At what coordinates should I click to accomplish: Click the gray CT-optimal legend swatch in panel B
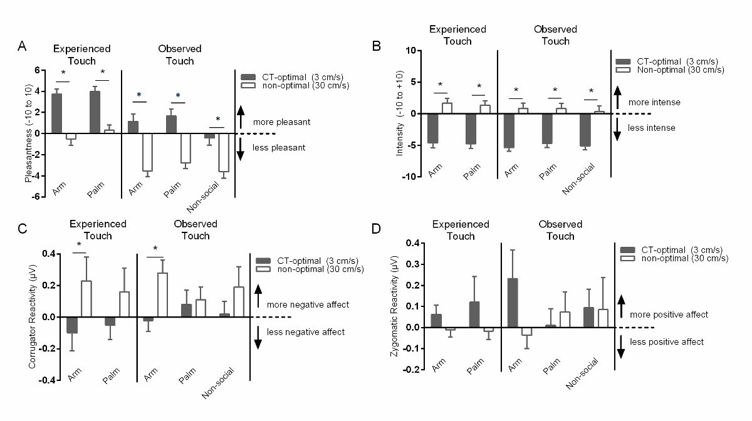pyautogui.click(x=624, y=61)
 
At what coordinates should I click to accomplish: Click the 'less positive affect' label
pyautogui.click(x=666, y=341)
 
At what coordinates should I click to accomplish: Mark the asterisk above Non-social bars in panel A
pyautogui.click(x=218, y=120)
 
